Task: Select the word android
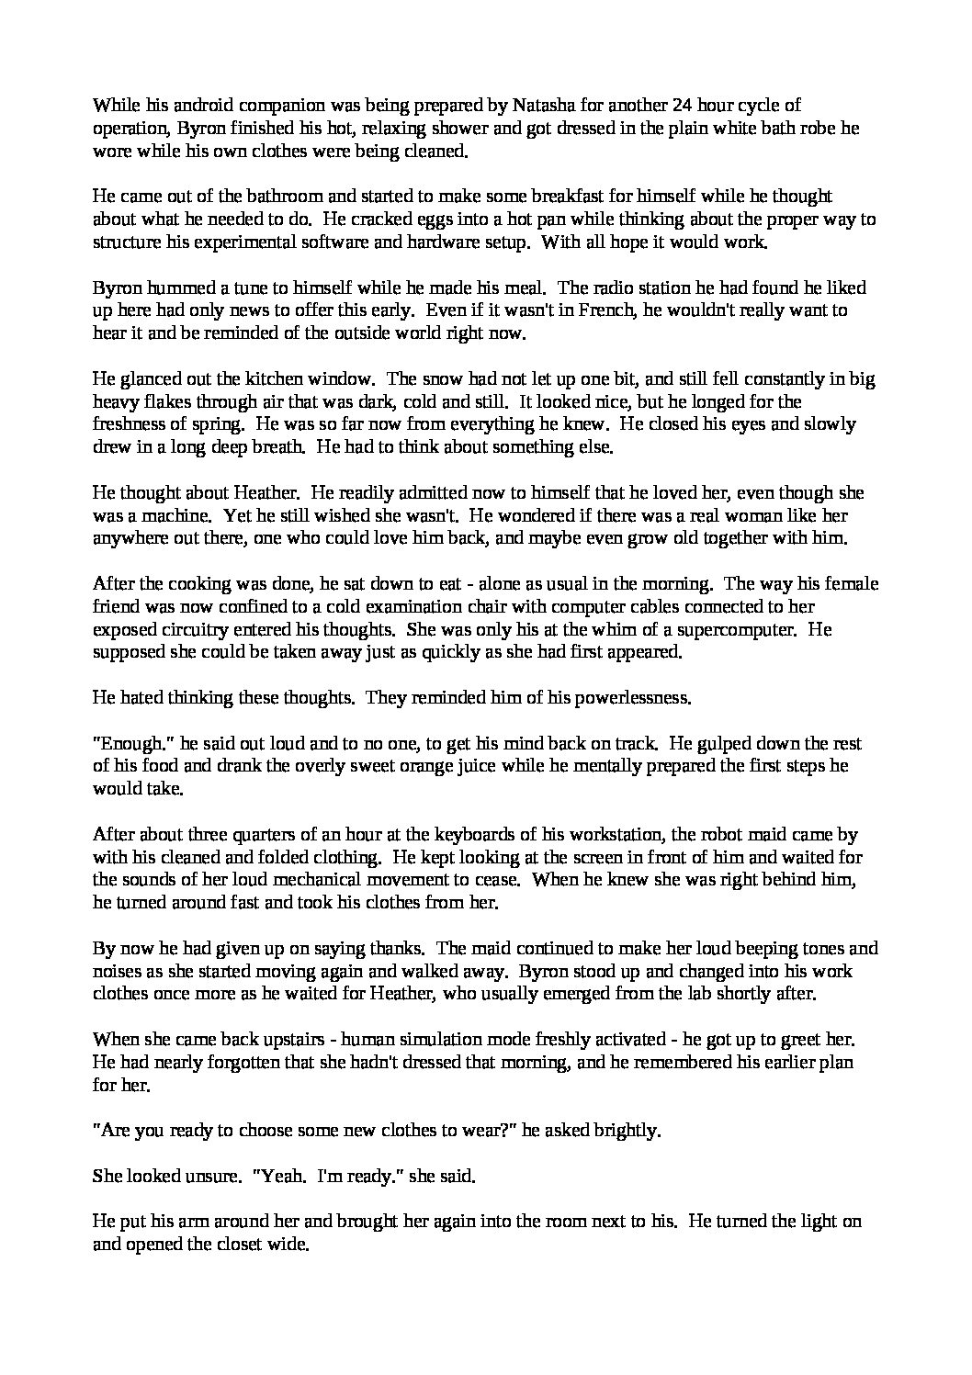click(194, 107)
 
